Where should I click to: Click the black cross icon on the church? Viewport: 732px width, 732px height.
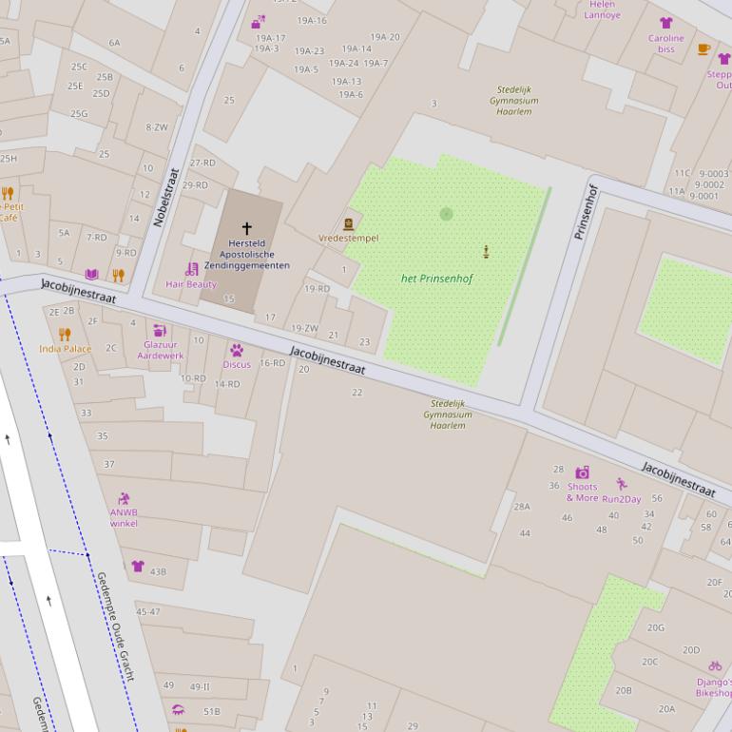pos(247,228)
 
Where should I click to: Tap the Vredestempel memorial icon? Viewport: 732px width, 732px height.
pos(349,224)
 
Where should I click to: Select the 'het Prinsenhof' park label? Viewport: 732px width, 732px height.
pos(436,279)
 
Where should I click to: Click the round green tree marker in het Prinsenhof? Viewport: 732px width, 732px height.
pos(446,214)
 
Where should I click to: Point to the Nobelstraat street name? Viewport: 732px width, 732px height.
pos(165,198)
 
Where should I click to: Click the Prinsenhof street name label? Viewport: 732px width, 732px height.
pos(585,211)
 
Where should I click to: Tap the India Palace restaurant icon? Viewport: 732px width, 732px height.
pos(65,335)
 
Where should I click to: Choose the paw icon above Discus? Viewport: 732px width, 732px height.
pos(237,350)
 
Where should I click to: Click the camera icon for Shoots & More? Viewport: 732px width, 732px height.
pos(582,472)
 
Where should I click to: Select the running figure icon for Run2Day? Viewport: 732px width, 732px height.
pos(621,485)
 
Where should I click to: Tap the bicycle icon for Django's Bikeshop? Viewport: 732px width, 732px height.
pos(714,666)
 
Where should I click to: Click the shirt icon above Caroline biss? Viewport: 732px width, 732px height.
pos(665,24)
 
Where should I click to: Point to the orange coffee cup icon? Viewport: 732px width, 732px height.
pos(703,49)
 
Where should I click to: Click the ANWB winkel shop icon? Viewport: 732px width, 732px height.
pos(124,499)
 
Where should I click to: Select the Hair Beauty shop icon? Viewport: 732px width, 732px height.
pos(191,269)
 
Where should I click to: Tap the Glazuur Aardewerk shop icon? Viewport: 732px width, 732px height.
pos(160,331)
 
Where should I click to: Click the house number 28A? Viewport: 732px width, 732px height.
pos(522,507)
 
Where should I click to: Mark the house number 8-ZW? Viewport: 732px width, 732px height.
pos(157,126)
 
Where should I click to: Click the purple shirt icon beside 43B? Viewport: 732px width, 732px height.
pos(138,567)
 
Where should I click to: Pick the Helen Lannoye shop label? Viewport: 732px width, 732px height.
pos(602,10)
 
